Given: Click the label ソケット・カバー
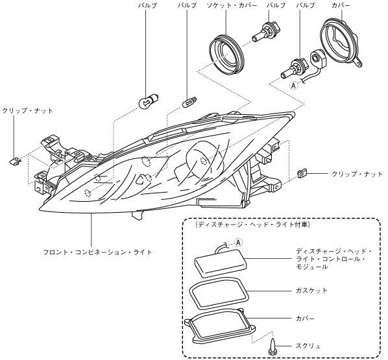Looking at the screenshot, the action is point(232,5).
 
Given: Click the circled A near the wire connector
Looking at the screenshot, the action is point(293,86).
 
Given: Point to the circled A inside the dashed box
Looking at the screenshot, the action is point(238,243).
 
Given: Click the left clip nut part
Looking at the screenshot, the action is point(15,161).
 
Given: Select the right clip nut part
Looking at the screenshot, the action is point(302,173).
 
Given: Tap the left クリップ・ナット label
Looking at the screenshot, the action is point(28,111).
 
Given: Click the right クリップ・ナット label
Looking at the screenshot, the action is point(357,174).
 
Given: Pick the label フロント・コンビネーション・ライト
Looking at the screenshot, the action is point(97,252).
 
